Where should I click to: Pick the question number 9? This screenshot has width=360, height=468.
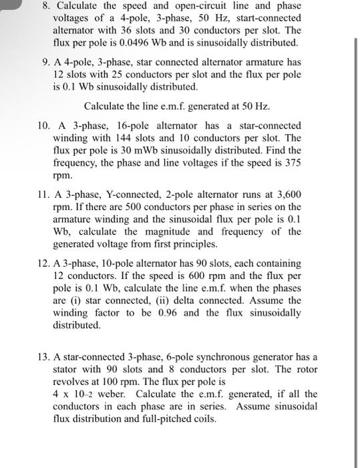point(42,63)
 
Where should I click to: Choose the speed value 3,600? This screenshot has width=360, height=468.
point(287,195)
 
